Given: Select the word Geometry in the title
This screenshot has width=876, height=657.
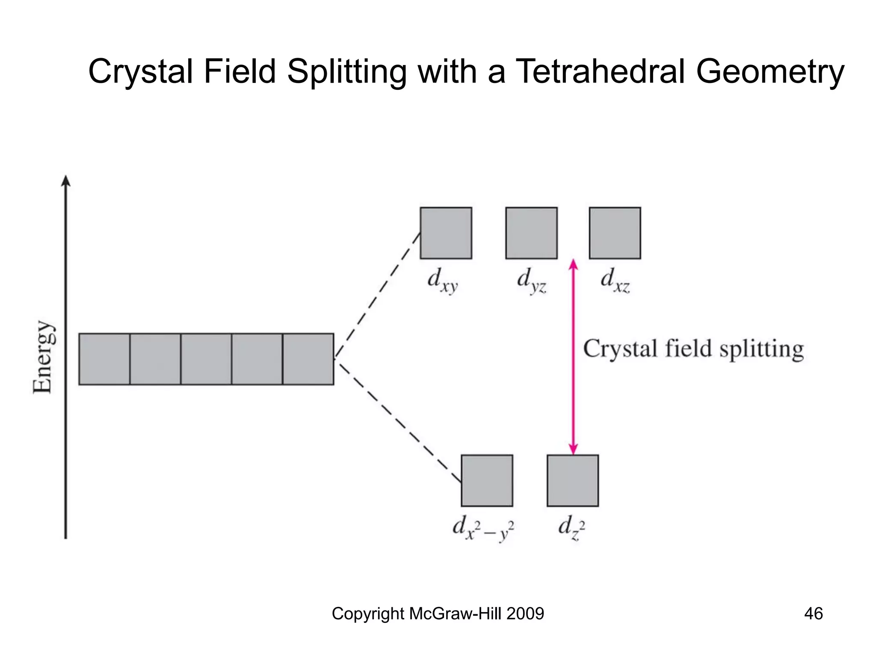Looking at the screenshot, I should [770, 72].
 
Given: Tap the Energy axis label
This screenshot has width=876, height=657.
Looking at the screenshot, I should [43, 357].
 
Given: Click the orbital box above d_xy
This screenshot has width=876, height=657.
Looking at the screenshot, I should [446, 233].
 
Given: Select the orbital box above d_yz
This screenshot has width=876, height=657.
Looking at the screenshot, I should [531, 233].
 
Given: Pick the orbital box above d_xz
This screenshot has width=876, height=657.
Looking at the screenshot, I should [615, 233].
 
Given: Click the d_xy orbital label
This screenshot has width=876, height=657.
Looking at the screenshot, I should [443, 281].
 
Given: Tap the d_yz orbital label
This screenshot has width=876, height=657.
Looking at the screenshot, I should [531, 281].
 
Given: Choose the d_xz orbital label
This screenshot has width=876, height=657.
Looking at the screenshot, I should [615, 281].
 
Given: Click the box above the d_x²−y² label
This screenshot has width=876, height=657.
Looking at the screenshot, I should [487, 480].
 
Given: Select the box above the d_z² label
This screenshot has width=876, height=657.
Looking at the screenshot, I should [573, 480].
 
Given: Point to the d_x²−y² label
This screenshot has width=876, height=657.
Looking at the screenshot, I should [483, 529].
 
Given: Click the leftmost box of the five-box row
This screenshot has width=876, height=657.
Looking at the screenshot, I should [104, 359].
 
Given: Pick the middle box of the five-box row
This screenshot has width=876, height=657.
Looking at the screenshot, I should [206, 359].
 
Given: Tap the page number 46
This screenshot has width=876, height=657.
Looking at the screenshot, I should [813, 613].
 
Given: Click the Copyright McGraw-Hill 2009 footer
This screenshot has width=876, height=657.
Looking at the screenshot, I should [438, 613].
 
